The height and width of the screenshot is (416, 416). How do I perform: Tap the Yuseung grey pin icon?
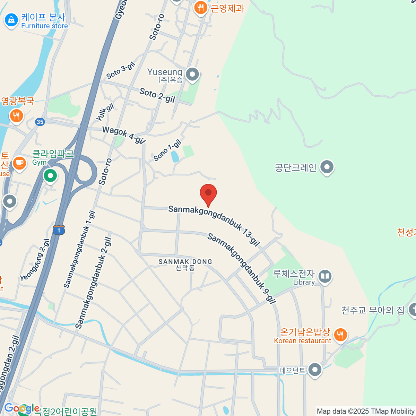[x=192, y=74]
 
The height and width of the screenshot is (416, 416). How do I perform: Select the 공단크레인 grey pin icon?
[x=327, y=167]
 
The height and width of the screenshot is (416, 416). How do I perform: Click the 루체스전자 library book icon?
[x=325, y=277]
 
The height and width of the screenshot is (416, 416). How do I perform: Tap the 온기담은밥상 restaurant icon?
[x=340, y=335]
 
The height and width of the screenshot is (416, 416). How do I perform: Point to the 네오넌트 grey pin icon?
[x=315, y=370]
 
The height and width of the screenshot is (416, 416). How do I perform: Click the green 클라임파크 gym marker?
[x=50, y=176]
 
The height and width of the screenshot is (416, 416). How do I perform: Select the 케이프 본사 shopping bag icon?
[x=11, y=20]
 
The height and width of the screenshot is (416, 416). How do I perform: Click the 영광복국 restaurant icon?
[x=16, y=115]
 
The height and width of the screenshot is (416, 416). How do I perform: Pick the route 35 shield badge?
[x=40, y=122]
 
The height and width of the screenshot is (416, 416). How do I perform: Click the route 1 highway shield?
[x=59, y=230]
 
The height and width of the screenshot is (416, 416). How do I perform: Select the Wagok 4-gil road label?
[x=123, y=135]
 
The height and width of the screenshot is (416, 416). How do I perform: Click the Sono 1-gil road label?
[x=167, y=150]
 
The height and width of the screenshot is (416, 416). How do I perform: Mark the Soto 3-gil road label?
[x=120, y=70]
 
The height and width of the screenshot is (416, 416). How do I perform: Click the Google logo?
[x=21, y=408]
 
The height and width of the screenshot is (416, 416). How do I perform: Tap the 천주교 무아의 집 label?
[x=373, y=310]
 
